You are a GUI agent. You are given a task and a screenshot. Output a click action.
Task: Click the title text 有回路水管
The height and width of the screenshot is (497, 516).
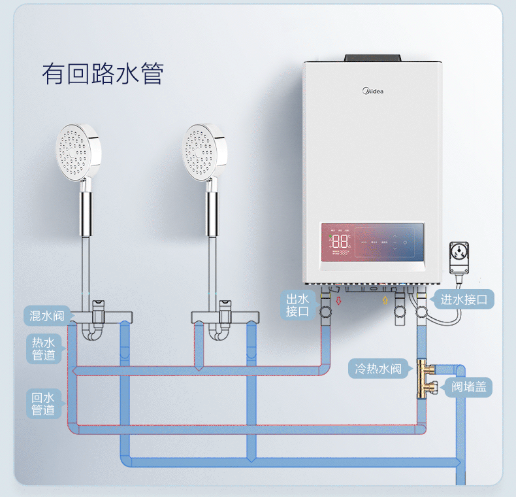click(x=103, y=73)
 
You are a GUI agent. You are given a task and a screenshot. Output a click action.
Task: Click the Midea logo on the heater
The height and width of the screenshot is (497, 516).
click(x=374, y=90)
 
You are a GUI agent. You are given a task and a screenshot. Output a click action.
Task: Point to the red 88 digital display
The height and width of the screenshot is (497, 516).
click(x=340, y=240)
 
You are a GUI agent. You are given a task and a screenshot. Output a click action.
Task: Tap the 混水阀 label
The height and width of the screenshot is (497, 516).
click(x=47, y=317)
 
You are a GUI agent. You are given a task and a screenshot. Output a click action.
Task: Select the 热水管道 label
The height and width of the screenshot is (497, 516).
click(x=44, y=349)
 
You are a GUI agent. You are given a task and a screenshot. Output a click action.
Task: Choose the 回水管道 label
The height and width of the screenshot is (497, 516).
click(x=44, y=403)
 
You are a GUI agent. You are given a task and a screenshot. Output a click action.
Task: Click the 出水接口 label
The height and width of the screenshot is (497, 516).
click(x=298, y=305)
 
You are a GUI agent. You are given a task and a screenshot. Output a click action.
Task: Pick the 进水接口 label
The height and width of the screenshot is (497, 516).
click(x=464, y=300)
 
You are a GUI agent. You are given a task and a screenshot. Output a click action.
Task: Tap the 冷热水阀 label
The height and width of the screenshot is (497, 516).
click(x=379, y=369)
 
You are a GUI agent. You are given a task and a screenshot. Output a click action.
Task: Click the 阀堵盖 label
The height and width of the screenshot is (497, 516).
click(x=469, y=387)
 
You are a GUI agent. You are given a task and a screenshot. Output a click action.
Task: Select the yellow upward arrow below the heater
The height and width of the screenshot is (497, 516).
click(x=385, y=301)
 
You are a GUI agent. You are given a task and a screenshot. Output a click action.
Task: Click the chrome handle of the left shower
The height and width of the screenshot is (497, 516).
click(x=85, y=209)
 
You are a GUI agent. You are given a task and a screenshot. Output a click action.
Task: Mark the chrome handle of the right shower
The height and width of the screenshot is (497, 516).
click(x=211, y=209)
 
